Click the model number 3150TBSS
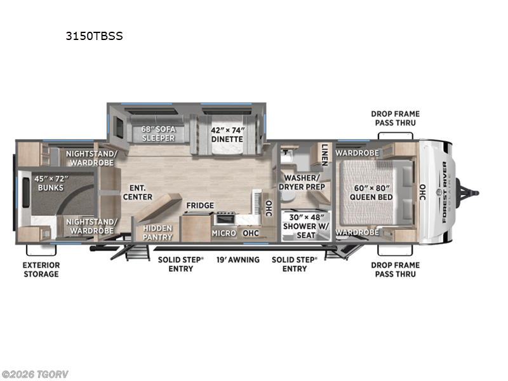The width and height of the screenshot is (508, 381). pyautogui.click(x=94, y=36)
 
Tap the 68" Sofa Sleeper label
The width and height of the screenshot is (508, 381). pyautogui.click(x=158, y=133)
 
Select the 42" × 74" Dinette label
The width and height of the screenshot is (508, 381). pyautogui.click(x=227, y=133)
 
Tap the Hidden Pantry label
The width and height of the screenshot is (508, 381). pyautogui.click(x=157, y=232)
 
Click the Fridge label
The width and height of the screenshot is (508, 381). pyautogui.click(x=199, y=206)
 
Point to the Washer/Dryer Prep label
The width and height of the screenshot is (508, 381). pyautogui.click(x=304, y=182)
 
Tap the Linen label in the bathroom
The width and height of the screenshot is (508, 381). pyautogui.click(x=324, y=154)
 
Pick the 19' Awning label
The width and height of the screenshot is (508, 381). pyautogui.click(x=237, y=260)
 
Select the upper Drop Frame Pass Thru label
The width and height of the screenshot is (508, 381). pyautogui.click(x=396, y=118)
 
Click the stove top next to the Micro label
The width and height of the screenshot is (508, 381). pyautogui.click(x=225, y=219)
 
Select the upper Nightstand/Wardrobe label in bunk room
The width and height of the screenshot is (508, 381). pyautogui.click(x=90, y=157)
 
